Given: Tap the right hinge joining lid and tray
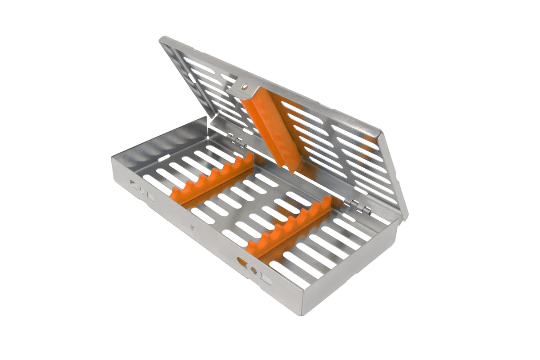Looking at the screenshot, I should (x=360, y=206).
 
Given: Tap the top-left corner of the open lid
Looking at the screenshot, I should (x=161, y=39).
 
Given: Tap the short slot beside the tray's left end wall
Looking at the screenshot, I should (x=163, y=158).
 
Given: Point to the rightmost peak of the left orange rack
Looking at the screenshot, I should (x=250, y=156).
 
